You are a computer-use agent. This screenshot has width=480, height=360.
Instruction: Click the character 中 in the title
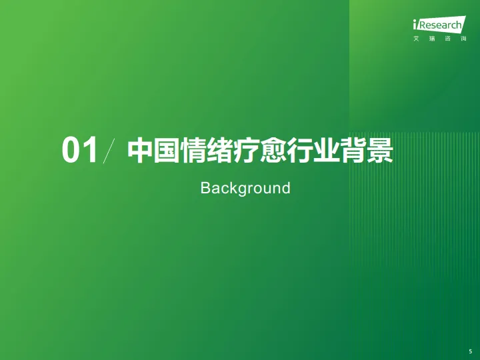[140, 150]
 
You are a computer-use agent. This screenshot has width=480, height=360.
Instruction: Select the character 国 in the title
[167, 150]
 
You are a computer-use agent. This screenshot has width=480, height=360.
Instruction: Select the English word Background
[245, 188]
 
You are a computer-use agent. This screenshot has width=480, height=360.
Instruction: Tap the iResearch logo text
[438, 25]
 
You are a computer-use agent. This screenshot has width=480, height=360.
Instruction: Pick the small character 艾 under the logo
[416, 39]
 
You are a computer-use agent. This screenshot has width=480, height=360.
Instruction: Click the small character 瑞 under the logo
[431, 39]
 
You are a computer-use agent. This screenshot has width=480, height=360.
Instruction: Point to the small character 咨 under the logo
[447, 39]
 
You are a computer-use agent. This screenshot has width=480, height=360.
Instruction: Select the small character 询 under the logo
[463, 39]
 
